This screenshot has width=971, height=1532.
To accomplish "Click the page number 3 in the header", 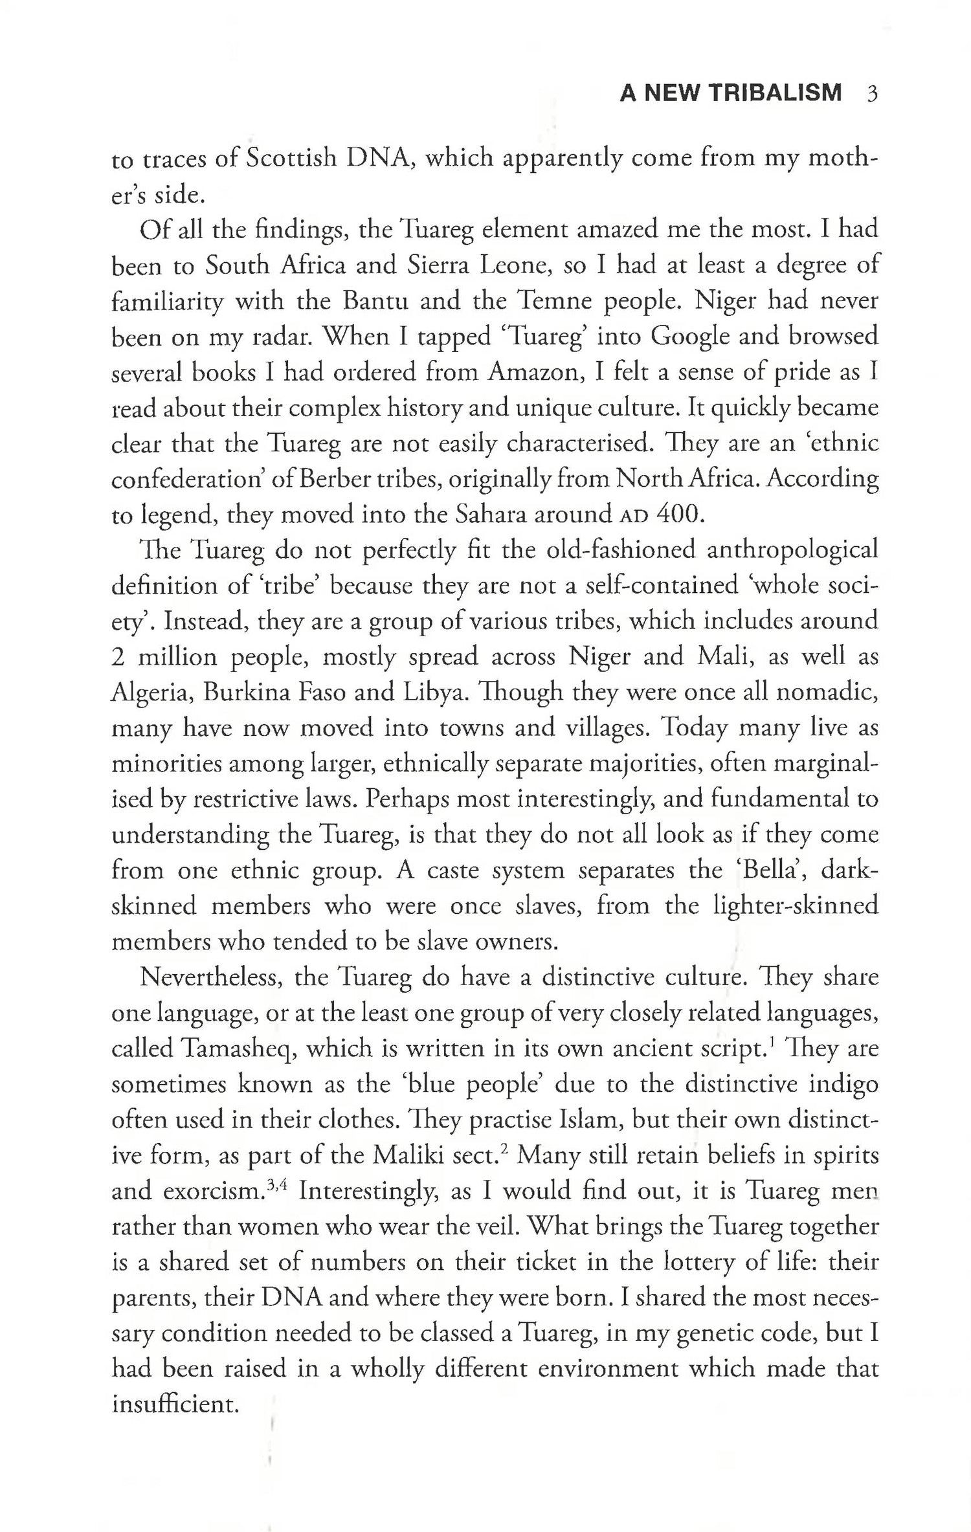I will pyautogui.click(x=871, y=94).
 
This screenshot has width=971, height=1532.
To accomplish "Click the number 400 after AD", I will pyautogui.click(x=679, y=515).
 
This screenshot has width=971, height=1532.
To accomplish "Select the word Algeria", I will pyautogui.click(x=151, y=693).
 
